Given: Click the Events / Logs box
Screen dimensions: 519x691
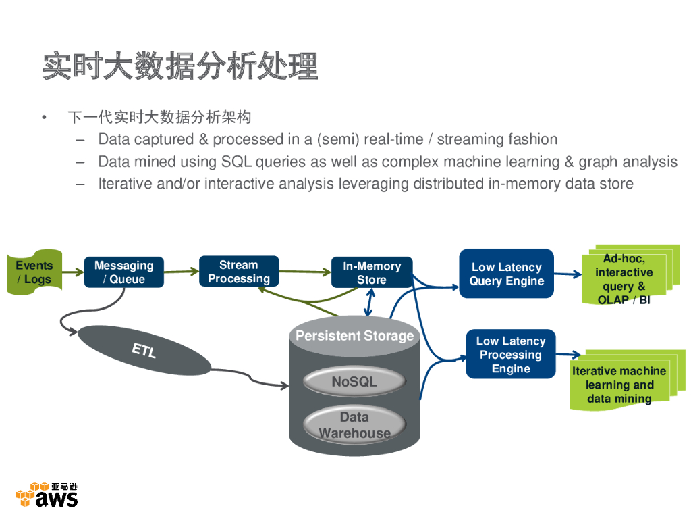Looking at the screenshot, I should (34, 273).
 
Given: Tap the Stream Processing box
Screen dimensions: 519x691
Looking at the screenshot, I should (239, 272).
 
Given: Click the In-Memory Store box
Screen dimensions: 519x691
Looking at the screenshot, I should (372, 273).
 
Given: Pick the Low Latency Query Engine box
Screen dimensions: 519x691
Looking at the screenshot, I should (506, 274).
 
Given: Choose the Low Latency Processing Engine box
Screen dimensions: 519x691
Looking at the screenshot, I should (511, 355).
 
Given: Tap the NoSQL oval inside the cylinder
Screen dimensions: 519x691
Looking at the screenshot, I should (354, 382).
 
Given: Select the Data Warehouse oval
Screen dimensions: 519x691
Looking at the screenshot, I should (354, 425).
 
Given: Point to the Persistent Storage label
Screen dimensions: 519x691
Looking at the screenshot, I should (354, 336).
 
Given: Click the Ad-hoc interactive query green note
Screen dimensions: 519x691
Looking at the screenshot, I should (624, 279).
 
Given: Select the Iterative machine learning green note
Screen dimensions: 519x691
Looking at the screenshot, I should (619, 385).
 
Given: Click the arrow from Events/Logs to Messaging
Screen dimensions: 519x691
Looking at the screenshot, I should (73, 272).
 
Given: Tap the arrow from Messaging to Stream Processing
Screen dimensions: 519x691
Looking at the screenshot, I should (181, 272).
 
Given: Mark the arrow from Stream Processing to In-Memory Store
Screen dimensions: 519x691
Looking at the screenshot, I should (305, 272).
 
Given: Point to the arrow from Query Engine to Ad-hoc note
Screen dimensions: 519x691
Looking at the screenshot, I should (568, 274).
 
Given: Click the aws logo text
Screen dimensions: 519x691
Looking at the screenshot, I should (57, 499).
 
